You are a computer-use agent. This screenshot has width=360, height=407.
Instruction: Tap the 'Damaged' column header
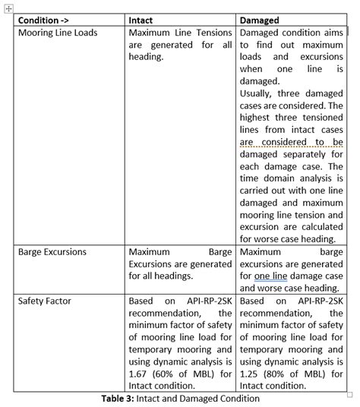point(260,21)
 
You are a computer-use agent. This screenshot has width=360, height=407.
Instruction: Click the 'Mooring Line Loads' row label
point(58,33)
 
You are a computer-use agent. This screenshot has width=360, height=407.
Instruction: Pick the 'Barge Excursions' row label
point(52,252)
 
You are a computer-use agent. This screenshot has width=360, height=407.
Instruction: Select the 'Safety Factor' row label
point(45,301)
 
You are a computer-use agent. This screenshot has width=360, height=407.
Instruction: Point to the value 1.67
point(139,374)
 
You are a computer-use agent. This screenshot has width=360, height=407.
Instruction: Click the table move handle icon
point(8,7)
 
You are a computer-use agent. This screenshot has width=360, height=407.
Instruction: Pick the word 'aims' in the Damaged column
point(331,33)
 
